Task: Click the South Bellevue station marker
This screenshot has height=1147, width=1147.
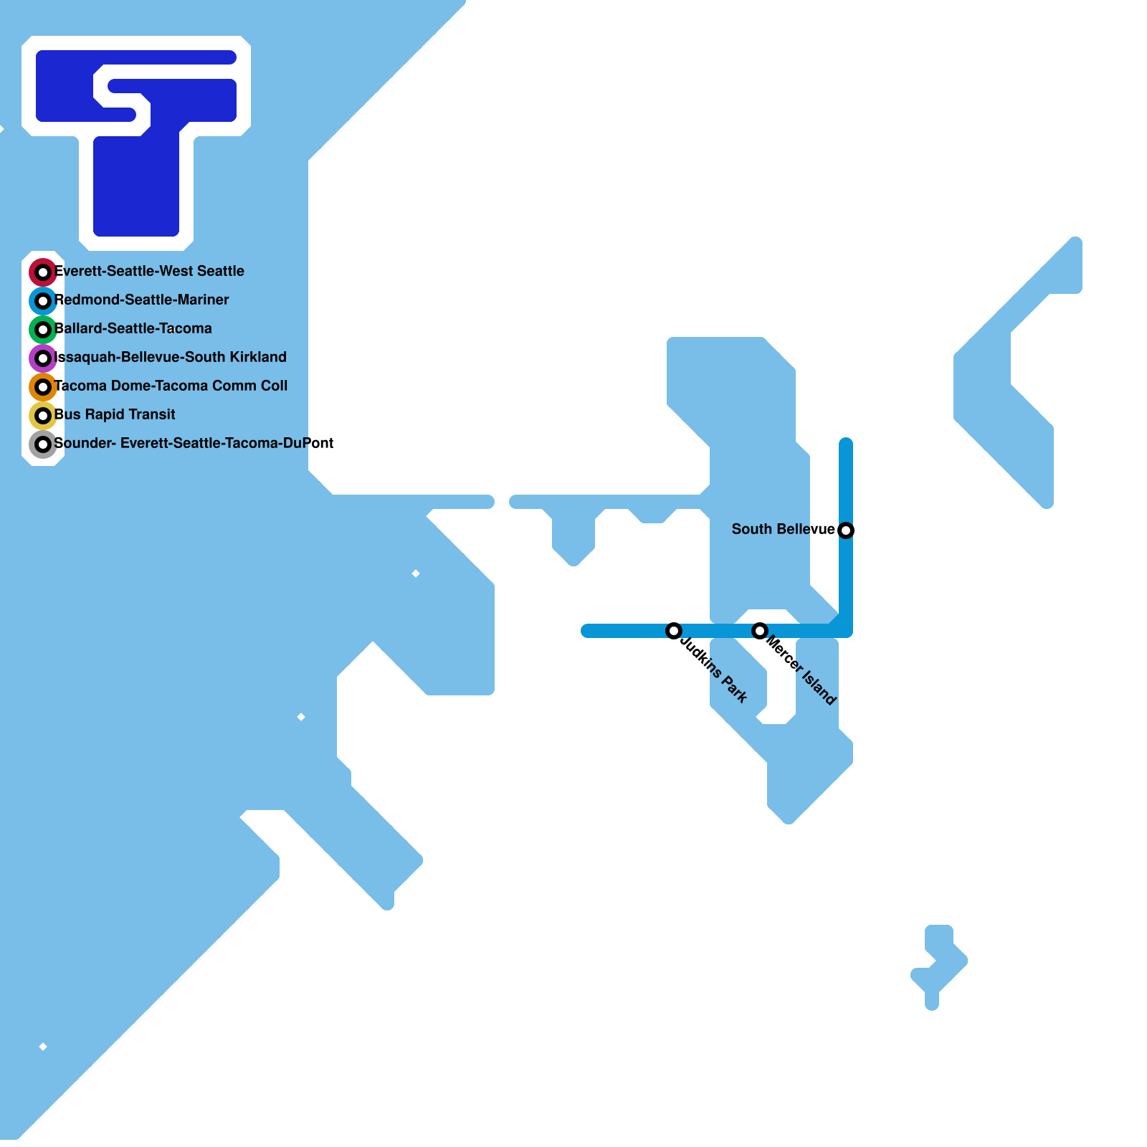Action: (x=846, y=530)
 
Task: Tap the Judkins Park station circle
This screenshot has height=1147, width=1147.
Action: (x=674, y=631)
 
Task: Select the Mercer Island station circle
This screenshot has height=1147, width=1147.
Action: (x=760, y=631)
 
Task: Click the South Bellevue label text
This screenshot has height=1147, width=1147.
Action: (x=783, y=529)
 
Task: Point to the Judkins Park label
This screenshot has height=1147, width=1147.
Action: (x=714, y=670)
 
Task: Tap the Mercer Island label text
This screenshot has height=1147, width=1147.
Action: (x=801, y=670)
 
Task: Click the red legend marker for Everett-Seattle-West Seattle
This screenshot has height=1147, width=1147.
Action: (x=43, y=272)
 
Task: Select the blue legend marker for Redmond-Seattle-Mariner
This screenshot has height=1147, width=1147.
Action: (x=43, y=301)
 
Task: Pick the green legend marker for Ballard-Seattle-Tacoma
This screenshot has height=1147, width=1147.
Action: (x=43, y=330)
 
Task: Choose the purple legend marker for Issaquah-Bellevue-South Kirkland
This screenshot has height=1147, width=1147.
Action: (x=43, y=358)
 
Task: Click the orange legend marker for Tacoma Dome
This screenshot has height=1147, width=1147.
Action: (x=43, y=387)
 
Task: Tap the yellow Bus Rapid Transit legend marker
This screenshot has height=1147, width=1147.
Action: (x=43, y=416)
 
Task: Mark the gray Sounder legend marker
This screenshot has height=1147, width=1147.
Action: (x=43, y=444)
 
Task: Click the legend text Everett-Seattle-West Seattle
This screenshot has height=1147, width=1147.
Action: (x=150, y=271)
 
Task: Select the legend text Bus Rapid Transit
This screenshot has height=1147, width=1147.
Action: (x=115, y=414)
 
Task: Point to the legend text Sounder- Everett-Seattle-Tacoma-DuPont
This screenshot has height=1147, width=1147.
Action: (x=194, y=443)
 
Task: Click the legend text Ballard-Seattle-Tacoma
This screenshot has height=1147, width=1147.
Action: (x=133, y=328)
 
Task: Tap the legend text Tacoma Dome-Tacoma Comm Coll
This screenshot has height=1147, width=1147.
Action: (x=171, y=386)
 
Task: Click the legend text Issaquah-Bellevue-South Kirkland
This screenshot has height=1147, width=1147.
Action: (x=171, y=357)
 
